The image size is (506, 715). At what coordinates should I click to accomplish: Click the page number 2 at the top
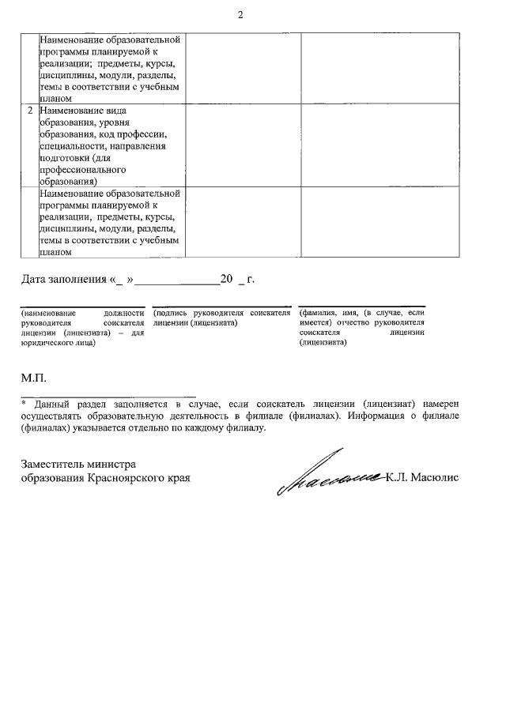coord(240,15)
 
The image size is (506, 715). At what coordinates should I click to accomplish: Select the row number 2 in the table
coord(29,111)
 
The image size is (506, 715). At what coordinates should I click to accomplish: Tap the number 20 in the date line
coord(227,279)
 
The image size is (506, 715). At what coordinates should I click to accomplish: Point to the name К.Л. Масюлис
coord(423,478)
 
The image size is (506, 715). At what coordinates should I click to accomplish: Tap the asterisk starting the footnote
coord(24,402)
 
